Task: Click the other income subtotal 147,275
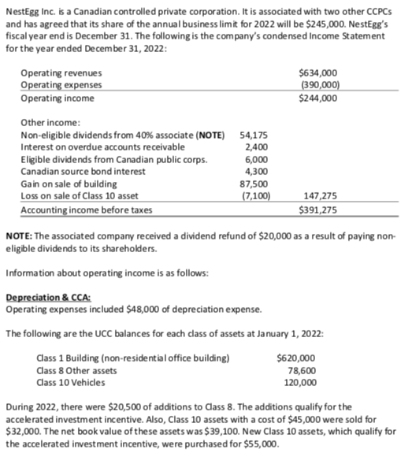319,194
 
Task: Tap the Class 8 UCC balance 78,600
304,369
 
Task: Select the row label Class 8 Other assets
72,369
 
